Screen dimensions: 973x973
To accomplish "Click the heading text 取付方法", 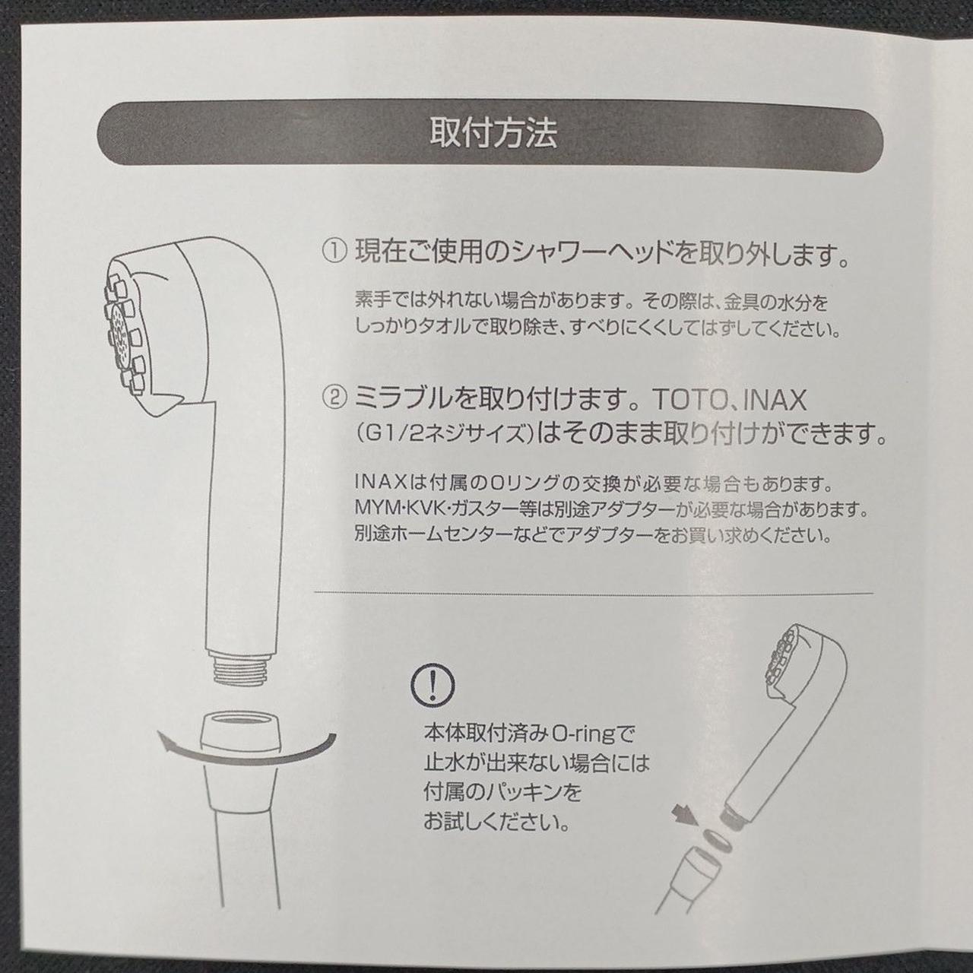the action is tap(493, 133).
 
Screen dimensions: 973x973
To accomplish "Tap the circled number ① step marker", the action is tap(334, 252).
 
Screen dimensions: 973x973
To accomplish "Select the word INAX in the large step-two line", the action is tap(775, 401).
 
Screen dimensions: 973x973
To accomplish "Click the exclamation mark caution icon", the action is tap(433, 684).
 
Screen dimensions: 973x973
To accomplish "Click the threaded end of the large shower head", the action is tap(241, 669).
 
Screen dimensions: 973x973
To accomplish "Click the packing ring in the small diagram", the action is tap(717, 840).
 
